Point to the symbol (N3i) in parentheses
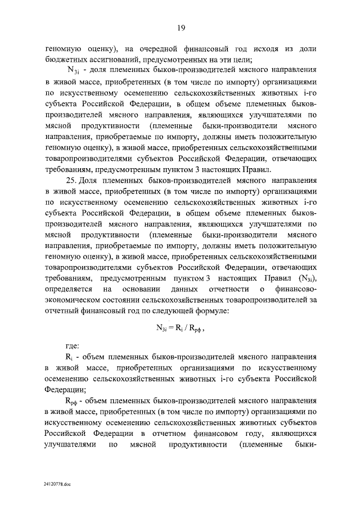pyautogui.click(x=304, y=277)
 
